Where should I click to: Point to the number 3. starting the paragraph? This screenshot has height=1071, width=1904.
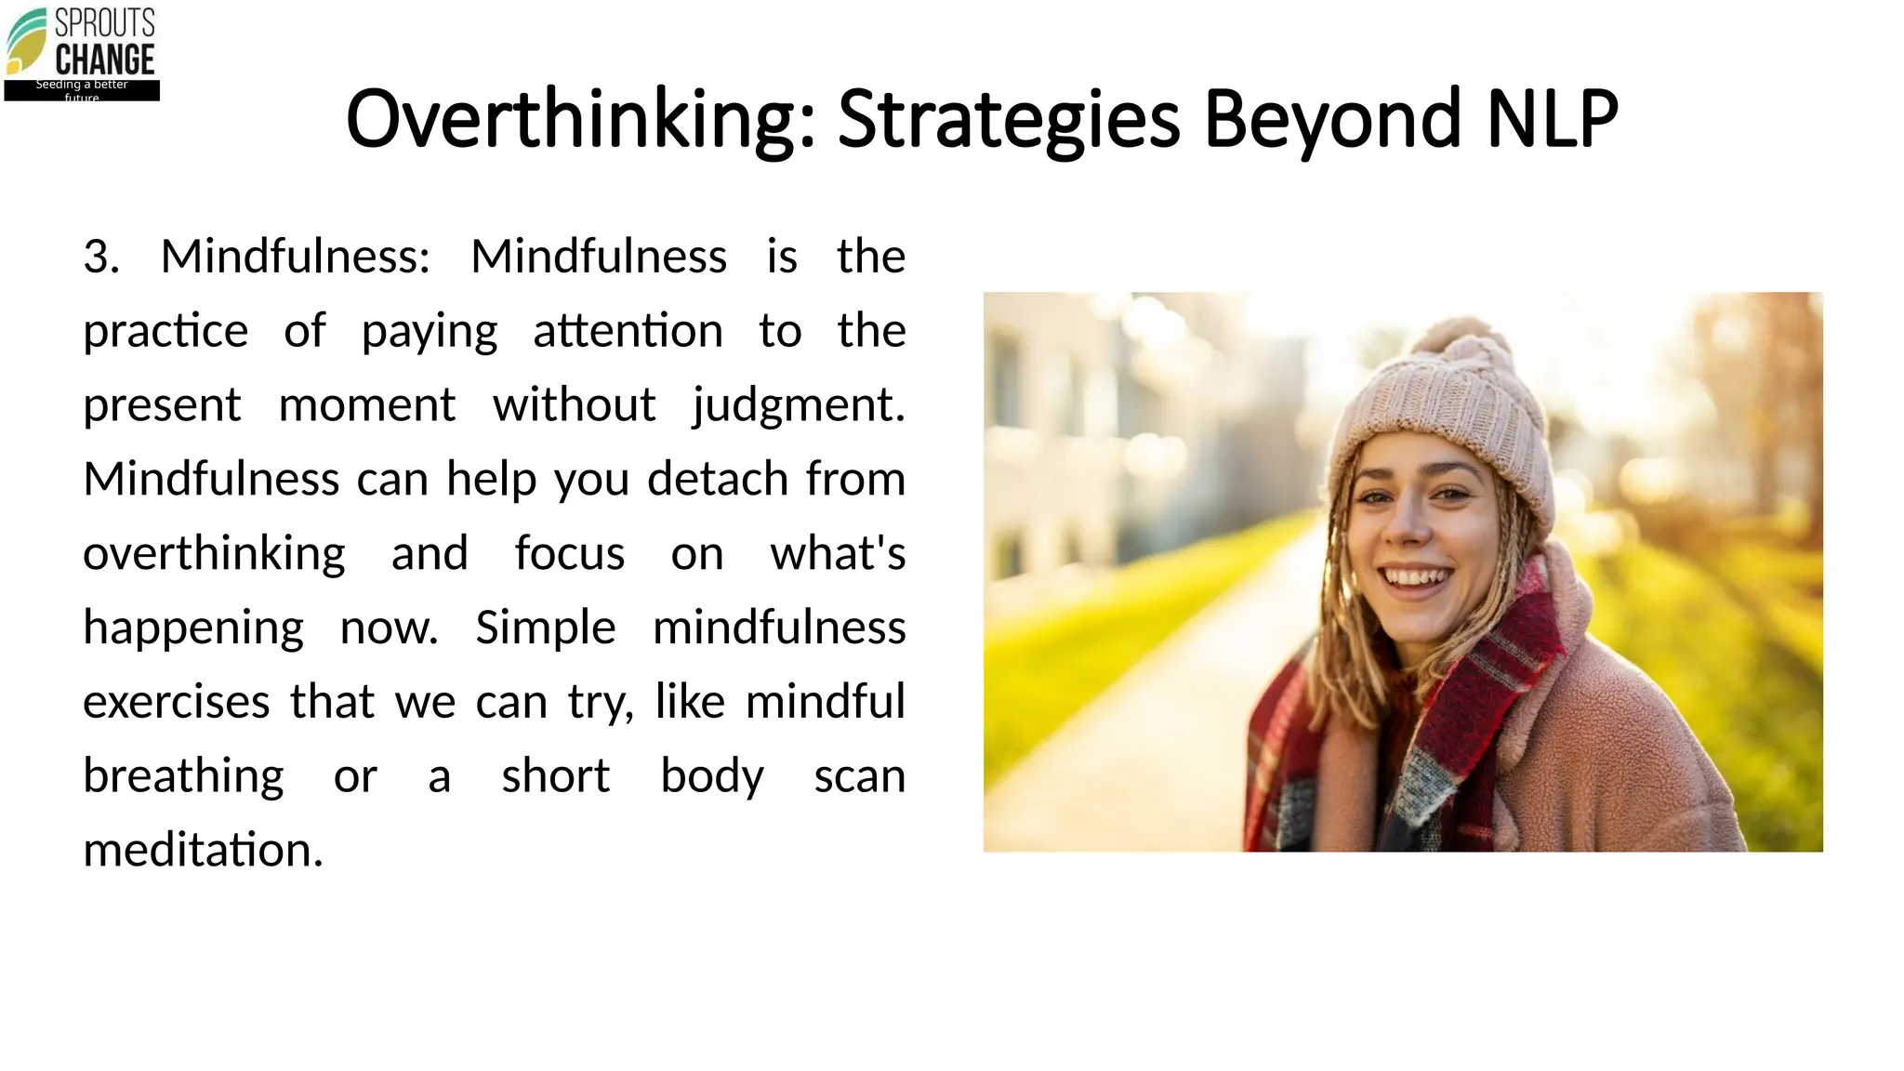coord(101,257)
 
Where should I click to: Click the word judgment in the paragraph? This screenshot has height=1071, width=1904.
coord(798,405)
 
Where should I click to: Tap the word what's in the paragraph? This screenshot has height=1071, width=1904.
coord(838,554)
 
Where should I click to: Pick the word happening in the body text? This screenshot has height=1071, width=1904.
coord(193,628)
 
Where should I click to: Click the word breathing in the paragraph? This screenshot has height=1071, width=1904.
coord(183,776)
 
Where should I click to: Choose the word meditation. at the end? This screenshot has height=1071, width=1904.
coord(203,850)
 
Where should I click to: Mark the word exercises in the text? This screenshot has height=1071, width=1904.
coord(177,702)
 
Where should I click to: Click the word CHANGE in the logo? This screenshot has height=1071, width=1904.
coord(105,60)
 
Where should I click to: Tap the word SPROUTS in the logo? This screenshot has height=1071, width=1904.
coord(105,22)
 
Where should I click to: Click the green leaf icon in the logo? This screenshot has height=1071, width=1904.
coord(26,40)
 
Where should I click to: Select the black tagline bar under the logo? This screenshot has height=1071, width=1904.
coord(82,90)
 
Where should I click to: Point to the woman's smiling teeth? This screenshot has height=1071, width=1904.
coord(1416,577)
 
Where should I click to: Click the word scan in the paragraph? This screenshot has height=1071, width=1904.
coord(859,776)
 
